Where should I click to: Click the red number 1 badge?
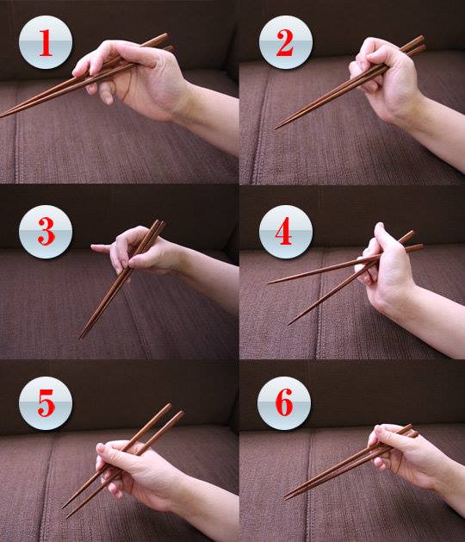pyautogui.click(x=46, y=42)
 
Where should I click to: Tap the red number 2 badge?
pyautogui.click(x=286, y=42)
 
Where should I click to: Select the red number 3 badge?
pyautogui.click(x=46, y=232)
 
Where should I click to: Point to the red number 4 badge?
pyautogui.click(x=286, y=232)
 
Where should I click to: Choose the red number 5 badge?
pyautogui.click(x=46, y=403)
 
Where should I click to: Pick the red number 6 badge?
pyautogui.click(x=284, y=403)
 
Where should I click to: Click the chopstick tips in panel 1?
pyautogui.click(x=3, y=115)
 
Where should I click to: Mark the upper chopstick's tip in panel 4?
pyautogui.click(x=270, y=283)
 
